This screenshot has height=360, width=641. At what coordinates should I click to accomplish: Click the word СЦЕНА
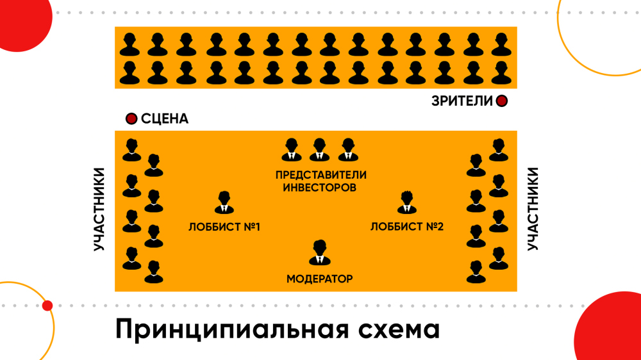click(165, 119)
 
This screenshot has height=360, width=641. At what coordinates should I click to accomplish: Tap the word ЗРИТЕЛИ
click(462, 101)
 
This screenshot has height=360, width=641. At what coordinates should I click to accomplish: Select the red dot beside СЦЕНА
click(131, 119)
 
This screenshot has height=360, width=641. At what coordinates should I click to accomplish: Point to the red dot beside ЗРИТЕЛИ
click(502, 101)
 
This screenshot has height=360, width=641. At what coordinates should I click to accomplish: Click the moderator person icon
click(319, 252)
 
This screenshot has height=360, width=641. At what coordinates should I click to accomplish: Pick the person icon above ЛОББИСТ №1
click(224, 203)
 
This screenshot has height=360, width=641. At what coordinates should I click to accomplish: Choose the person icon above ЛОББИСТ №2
click(406, 203)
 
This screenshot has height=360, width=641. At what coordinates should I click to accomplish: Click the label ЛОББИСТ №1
click(224, 227)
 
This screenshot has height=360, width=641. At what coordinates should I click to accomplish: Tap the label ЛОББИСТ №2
click(407, 227)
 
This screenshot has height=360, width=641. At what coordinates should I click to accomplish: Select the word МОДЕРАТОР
click(319, 279)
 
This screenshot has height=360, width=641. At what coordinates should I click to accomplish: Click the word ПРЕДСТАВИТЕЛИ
click(320, 175)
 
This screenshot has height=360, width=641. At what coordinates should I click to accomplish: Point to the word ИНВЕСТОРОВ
click(320, 188)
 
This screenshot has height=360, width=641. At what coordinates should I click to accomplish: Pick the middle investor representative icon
click(319, 150)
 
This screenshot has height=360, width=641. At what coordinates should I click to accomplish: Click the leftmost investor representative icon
click(291, 150)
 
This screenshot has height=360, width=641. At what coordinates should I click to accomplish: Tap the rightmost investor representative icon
click(347, 150)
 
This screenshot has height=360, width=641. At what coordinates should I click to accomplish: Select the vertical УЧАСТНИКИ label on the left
click(99, 209)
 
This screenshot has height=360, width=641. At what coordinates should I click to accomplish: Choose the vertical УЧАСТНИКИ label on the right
click(533, 209)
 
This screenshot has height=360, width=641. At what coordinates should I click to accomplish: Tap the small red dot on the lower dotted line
click(47, 306)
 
